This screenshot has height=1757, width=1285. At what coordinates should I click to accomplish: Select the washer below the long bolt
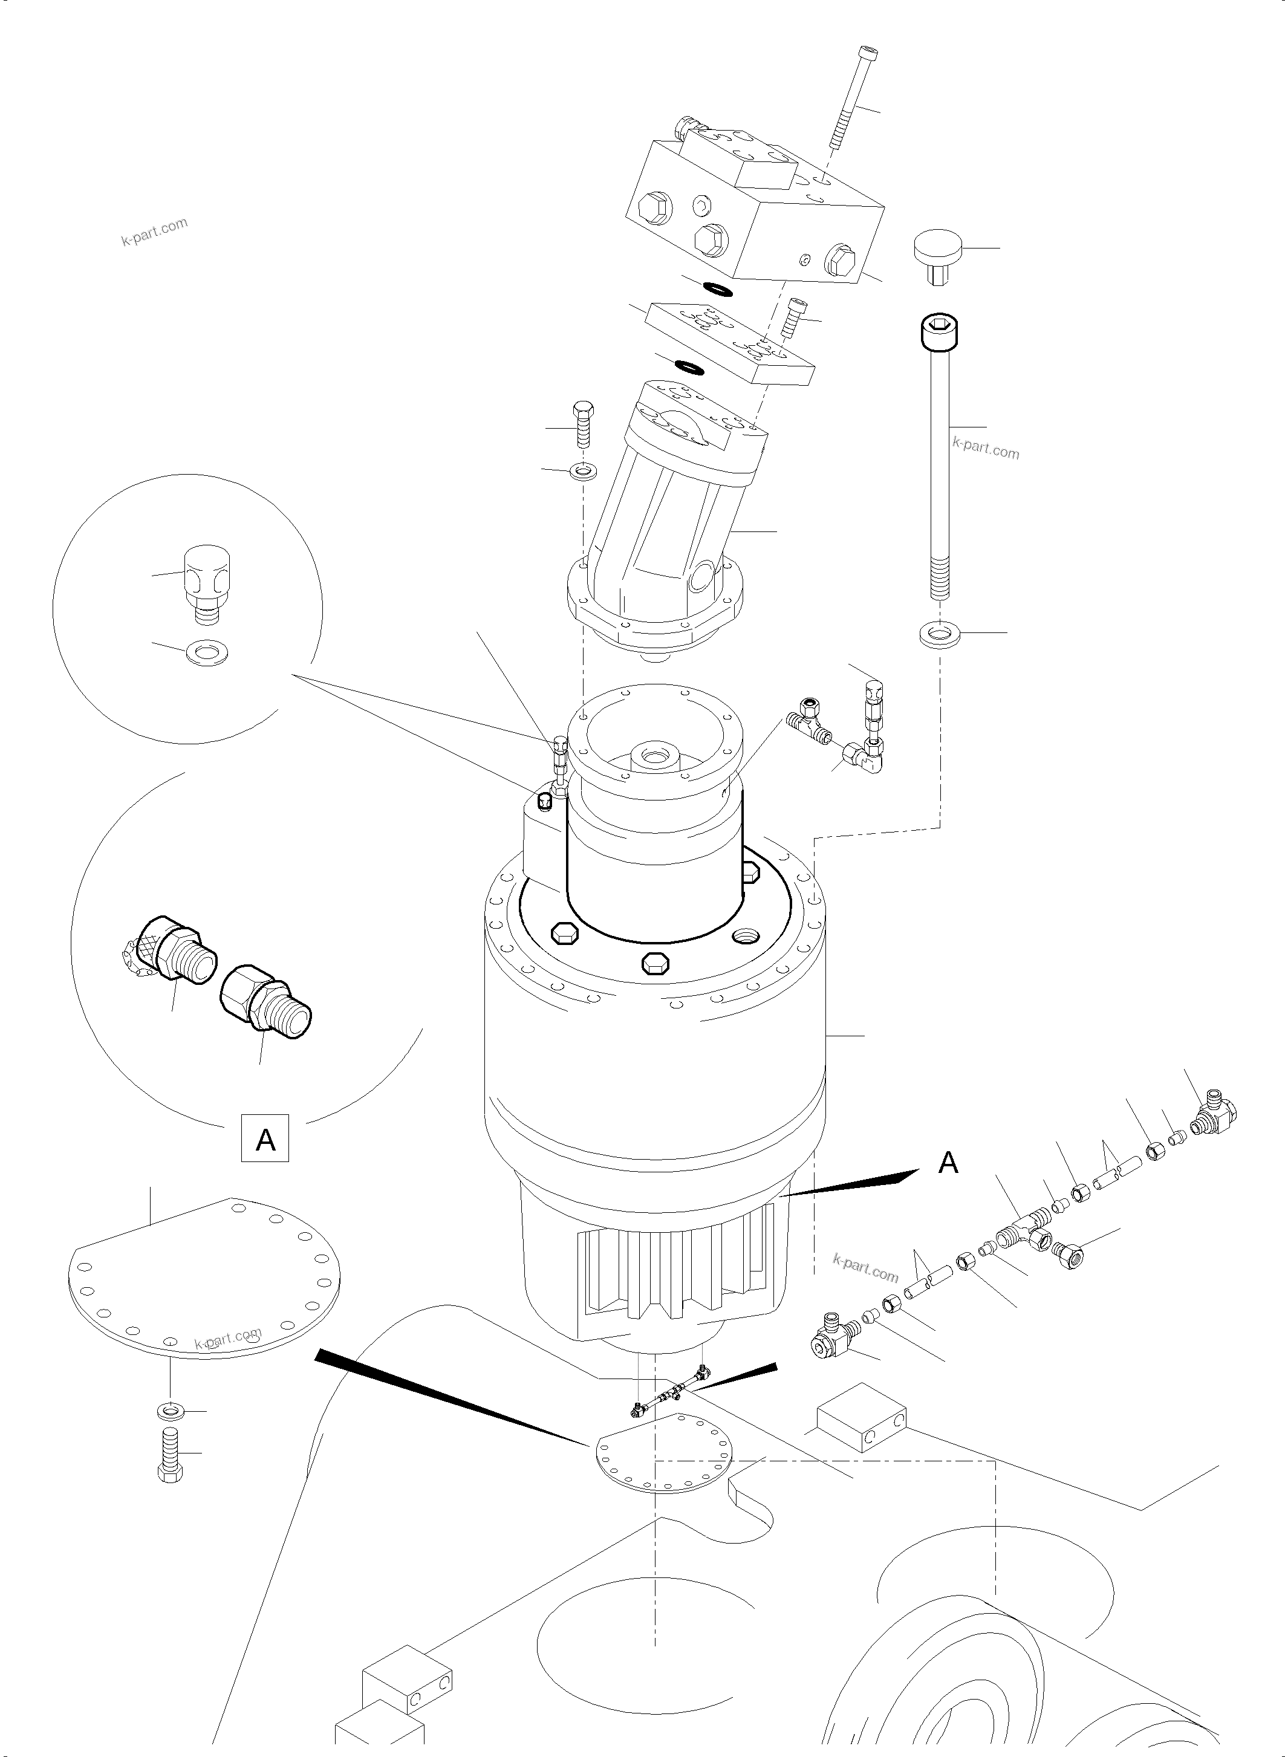click(x=940, y=633)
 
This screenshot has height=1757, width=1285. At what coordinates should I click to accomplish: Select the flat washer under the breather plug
click(x=207, y=652)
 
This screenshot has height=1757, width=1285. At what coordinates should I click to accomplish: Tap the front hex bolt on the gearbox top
click(x=655, y=963)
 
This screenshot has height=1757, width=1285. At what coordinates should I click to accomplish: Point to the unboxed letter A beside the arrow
click(x=948, y=1162)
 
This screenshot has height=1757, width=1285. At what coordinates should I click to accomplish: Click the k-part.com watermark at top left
click(x=154, y=231)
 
